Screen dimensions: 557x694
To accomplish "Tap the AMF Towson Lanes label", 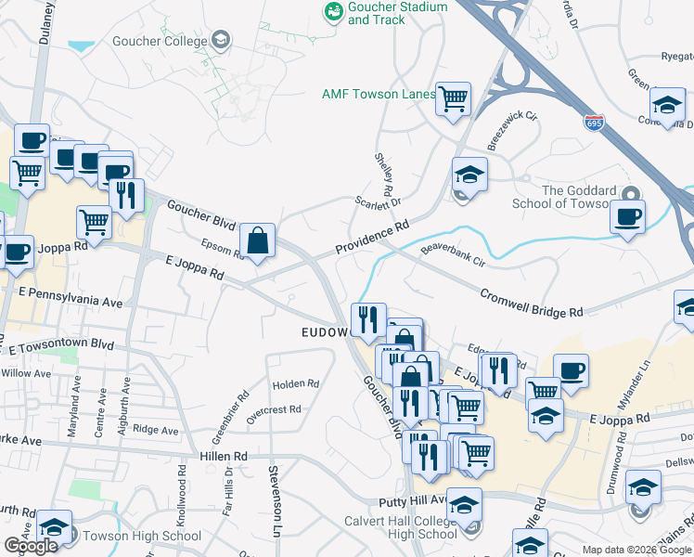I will pyautogui.click(x=378, y=94).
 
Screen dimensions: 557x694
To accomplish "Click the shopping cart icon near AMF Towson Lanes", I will pyautogui.click(x=453, y=98).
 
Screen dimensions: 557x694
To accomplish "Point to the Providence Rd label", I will pyautogui.click(x=372, y=238).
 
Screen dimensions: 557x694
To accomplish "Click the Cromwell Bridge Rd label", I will pyautogui.click(x=531, y=300).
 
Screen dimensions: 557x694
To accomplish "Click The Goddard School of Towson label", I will pyautogui.click(x=578, y=197).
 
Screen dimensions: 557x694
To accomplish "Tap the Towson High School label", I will pyautogui.click(x=141, y=536).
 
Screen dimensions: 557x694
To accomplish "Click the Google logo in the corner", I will pyautogui.click(x=31, y=546).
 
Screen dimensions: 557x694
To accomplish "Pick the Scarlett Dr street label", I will pyautogui.click(x=377, y=201).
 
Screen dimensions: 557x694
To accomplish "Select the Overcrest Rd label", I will pyautogui.click(x=275, y=408).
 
